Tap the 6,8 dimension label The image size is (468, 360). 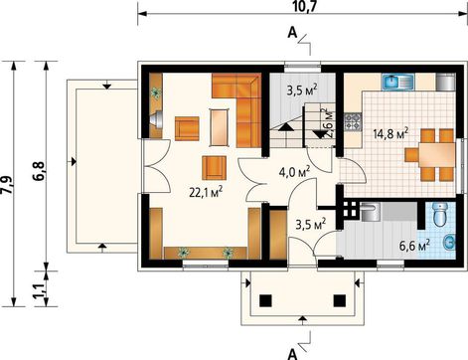39,171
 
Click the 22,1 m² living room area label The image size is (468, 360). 206,192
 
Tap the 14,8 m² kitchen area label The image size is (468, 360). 390,134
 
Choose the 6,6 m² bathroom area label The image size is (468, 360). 414,246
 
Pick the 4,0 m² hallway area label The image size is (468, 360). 294,172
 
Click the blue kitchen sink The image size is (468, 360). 398,82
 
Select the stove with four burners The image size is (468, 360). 353,121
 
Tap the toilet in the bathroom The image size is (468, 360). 440,215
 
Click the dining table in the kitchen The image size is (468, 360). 436,155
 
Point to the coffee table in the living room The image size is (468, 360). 219,127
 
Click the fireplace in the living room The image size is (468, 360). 156,119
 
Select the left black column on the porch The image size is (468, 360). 265,300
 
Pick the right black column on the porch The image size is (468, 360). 340,300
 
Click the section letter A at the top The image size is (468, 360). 292,33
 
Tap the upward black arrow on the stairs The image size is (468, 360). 286,127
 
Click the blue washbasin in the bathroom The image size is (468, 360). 449,243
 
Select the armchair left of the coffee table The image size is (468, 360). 187,128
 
